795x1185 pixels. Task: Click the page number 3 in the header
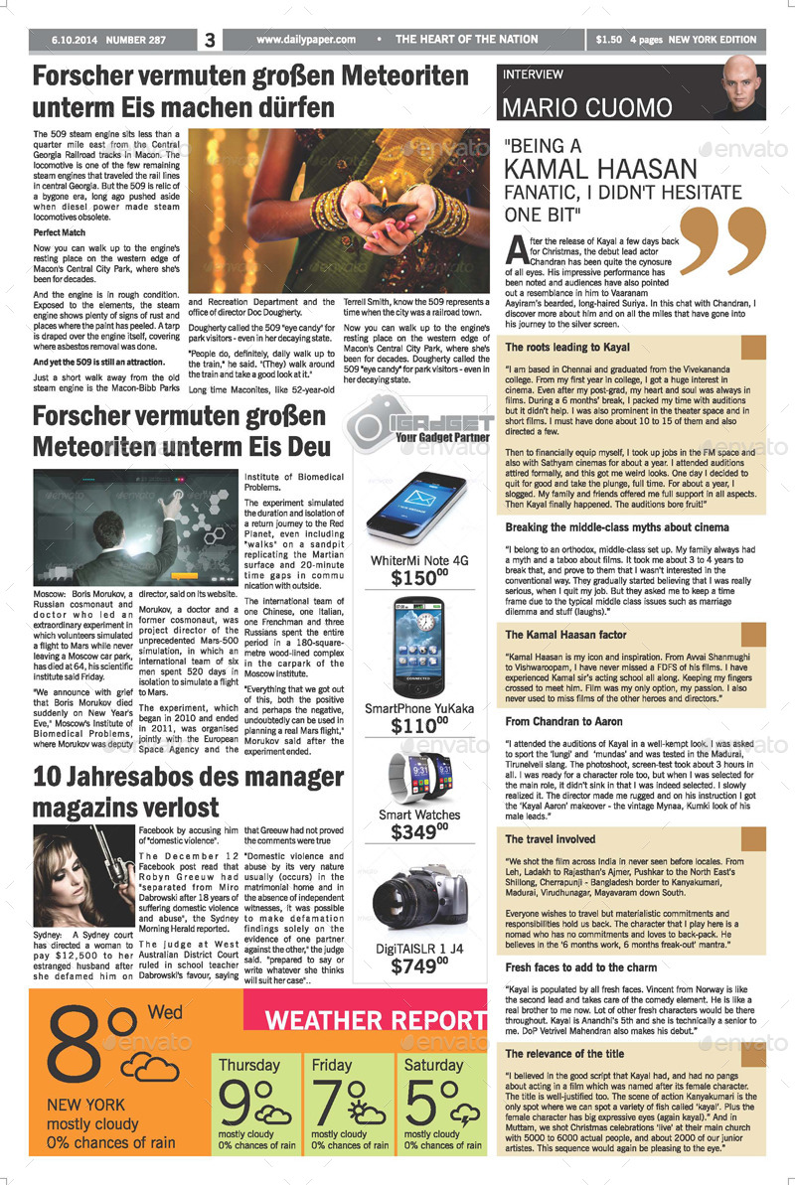click(x=210, y=41)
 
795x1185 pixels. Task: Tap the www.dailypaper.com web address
click(x=305, y=40)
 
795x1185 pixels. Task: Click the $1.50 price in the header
click(x=609, y=41)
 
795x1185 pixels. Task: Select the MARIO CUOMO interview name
click(x=587, y=107)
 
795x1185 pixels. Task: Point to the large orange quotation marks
click(x=722, y=241)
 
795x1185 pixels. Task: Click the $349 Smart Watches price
click(x=418, y=832)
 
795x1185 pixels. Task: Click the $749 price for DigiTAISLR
click(x=418, y=965)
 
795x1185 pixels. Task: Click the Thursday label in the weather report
click(x=248, y=1066)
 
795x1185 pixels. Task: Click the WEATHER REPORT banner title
click(x=376, y=1021)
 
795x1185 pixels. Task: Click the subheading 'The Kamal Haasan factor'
click(x=566, y=635)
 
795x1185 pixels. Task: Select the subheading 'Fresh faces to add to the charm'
click(x=581, y=966)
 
